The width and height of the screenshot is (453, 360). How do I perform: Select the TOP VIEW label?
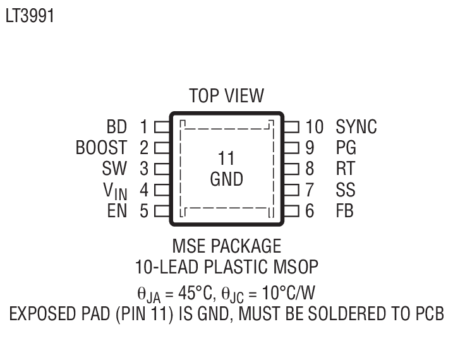(x=226, y=96)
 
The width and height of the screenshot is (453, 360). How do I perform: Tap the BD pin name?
(x=118, y=126)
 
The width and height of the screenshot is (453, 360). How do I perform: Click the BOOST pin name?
(x=101, y=148)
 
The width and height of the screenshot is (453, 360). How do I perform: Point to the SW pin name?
(x=114, y=169)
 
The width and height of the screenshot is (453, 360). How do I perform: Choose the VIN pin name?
(x=114, y=191)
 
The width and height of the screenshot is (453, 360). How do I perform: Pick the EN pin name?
(x=118, y=211)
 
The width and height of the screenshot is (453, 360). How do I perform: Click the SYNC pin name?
(x=356, y=126)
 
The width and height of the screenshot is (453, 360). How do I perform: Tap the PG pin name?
(x=346, y=148)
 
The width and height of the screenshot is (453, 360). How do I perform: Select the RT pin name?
(x=346, y=169)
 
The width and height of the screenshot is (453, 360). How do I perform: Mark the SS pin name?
(x=346, y=190)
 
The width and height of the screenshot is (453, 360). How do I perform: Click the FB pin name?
(x=345, y=211)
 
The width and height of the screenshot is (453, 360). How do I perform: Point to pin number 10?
(x=314, y=126)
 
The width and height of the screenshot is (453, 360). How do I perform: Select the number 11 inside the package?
(x=226, y=158)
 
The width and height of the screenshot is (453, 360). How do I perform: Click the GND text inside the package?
(x=226, y=179)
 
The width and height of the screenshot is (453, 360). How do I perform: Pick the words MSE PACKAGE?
(x=226, y=245)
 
